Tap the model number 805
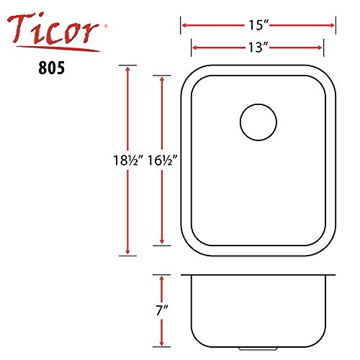point(51,68)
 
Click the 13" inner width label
point(258,48)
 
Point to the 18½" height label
point(128,161)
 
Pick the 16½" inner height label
point(162,161)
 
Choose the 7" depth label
point(162,310)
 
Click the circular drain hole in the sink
point(258,122)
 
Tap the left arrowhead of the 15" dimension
point(184,25)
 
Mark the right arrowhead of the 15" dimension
point(333,25)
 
